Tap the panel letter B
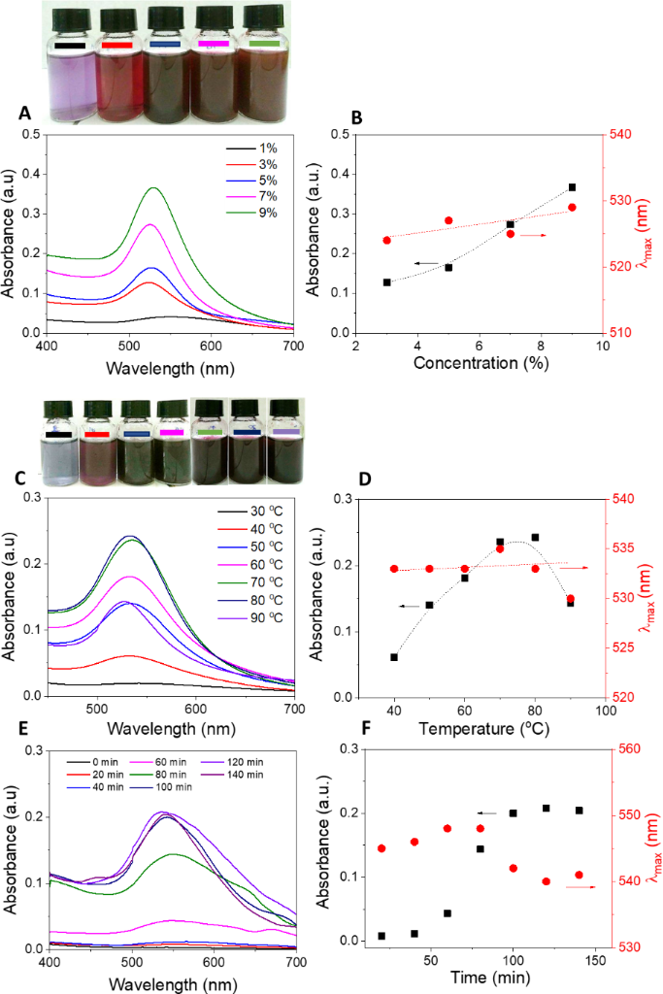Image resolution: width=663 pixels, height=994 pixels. point(356,117)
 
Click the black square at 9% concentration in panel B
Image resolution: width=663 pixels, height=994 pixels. point(572,187)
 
